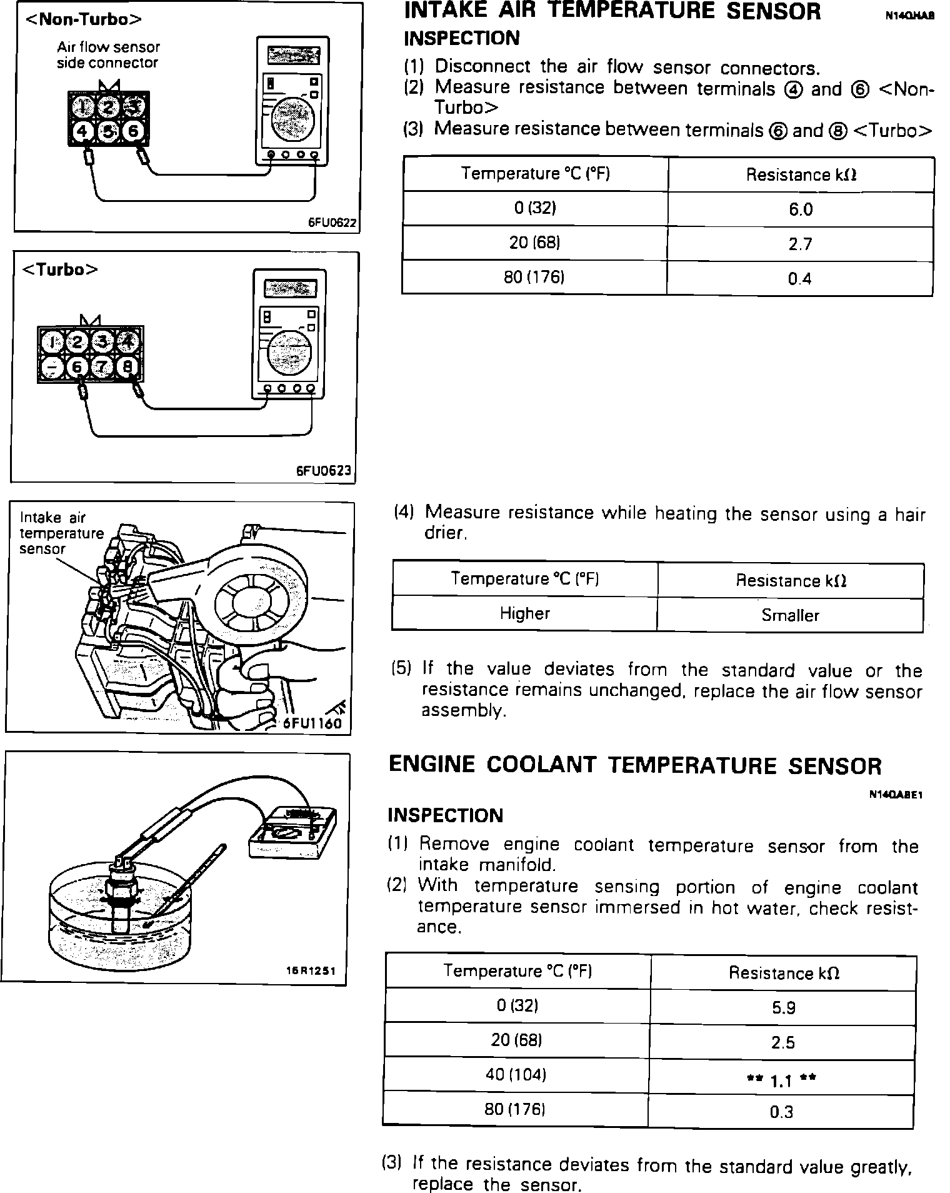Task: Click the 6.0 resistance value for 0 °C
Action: coord(800,209)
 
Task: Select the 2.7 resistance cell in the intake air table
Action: coord(800,244)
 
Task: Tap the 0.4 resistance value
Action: coord(799,279)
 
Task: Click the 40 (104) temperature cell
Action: coord(516,1075)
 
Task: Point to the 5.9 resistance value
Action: coord(782,1007)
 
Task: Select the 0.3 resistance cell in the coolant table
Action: coord(781,1112)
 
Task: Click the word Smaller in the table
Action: coord(790,615)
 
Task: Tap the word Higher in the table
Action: coord(524,613)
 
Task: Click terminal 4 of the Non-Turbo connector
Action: coord(82,131)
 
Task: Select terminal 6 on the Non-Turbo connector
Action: coord(132,131)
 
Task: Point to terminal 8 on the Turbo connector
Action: coord(128,367)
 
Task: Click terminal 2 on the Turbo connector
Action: coord(77,341)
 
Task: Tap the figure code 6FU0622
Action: coord(332,223)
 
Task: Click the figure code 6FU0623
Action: coord(324,471)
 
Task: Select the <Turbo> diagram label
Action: coord(60,269)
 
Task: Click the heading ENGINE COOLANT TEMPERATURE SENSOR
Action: coord(635,766)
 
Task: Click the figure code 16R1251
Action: coord(311,971)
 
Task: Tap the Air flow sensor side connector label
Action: coord(108,55)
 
